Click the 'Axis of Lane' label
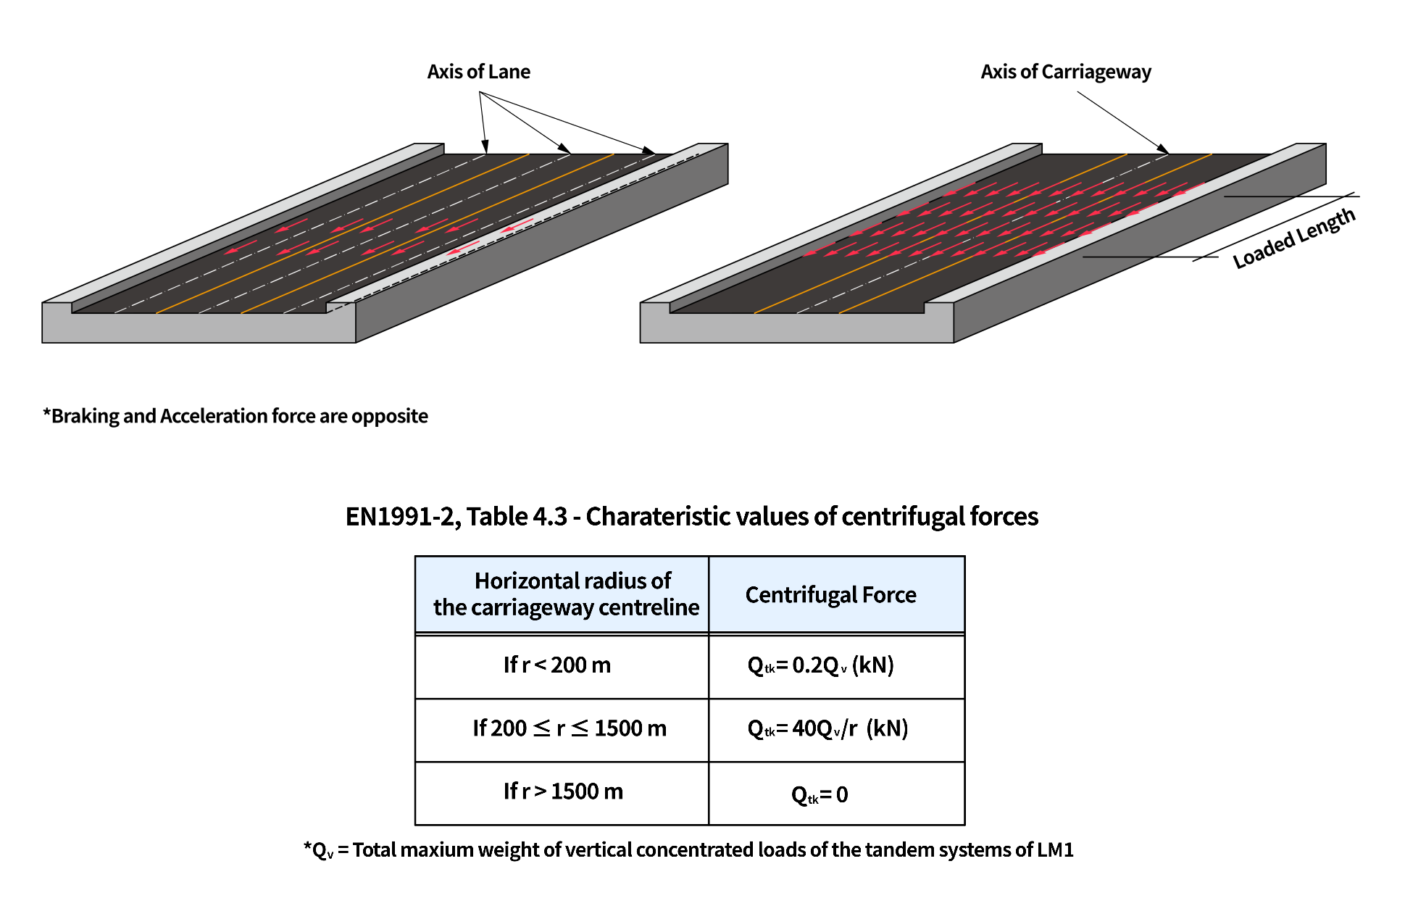[x=478, y=72]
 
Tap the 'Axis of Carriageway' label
[x=1065, y=72]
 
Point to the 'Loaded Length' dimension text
[x=1293, y=238]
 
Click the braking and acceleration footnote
[x=235, y=416]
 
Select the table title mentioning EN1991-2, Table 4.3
[x=691, y=517]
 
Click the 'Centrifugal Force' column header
[x=830, y=595]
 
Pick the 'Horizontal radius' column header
[x=566, y=594]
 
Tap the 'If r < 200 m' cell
[x=557, y=665]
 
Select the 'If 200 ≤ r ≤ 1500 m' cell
[x=569, y=728]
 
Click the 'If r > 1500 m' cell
[x=563, y=791]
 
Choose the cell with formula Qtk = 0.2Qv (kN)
[x=820, y=665]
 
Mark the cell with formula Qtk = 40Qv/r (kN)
[x=827, y=728]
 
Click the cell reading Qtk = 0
[x=820, y=795]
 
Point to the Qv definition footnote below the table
[x=688, y=849]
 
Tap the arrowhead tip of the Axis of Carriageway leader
[x=1167, y=152]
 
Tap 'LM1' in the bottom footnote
[x=1055, y=849]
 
